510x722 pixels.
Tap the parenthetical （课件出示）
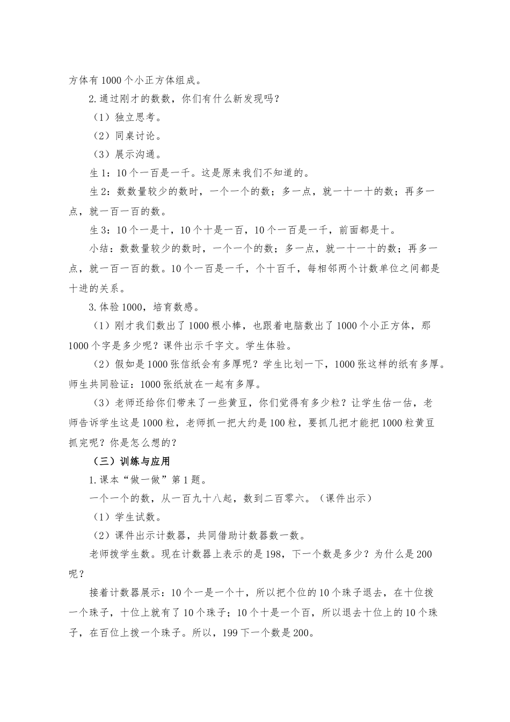[344, 499]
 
